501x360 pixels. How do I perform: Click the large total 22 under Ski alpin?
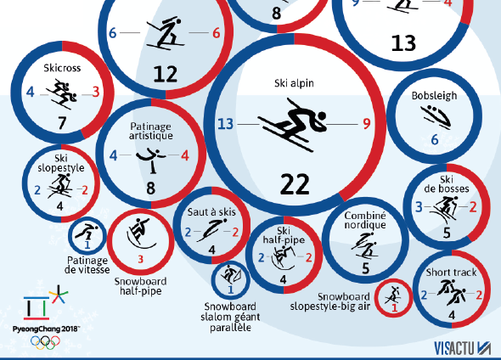(x=295, y=184)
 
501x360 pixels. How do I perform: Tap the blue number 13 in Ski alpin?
(x=226, y=124)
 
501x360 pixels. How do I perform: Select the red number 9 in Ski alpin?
(x=367, y=124)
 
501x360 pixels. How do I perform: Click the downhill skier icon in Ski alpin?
(x=292, y=125)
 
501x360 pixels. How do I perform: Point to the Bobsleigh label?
(x=434, y=95)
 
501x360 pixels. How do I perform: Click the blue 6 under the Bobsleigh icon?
(x=435, y=139)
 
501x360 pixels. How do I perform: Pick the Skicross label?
(x=62, y=68)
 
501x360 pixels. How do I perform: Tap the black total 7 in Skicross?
(x=62, y=123)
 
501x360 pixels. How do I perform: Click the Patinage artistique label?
(x=151, y=131)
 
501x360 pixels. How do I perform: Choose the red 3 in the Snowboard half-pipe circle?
(x=141, y=259)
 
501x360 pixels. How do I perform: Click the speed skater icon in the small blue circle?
(x=86, y=233)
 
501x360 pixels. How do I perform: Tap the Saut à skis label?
(x=211, y=211)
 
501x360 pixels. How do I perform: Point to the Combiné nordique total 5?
(x=366, y=268)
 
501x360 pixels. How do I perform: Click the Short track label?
(x=451, y=273)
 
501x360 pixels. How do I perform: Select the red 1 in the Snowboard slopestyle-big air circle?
(x=394, y=308)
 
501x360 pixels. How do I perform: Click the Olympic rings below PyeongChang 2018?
(x=45, y=342)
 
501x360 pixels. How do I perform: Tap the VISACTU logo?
(x=462, y=348)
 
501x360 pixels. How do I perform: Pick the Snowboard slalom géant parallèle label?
(x=230, y=317)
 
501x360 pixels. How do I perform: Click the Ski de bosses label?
(x=447, y=184)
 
